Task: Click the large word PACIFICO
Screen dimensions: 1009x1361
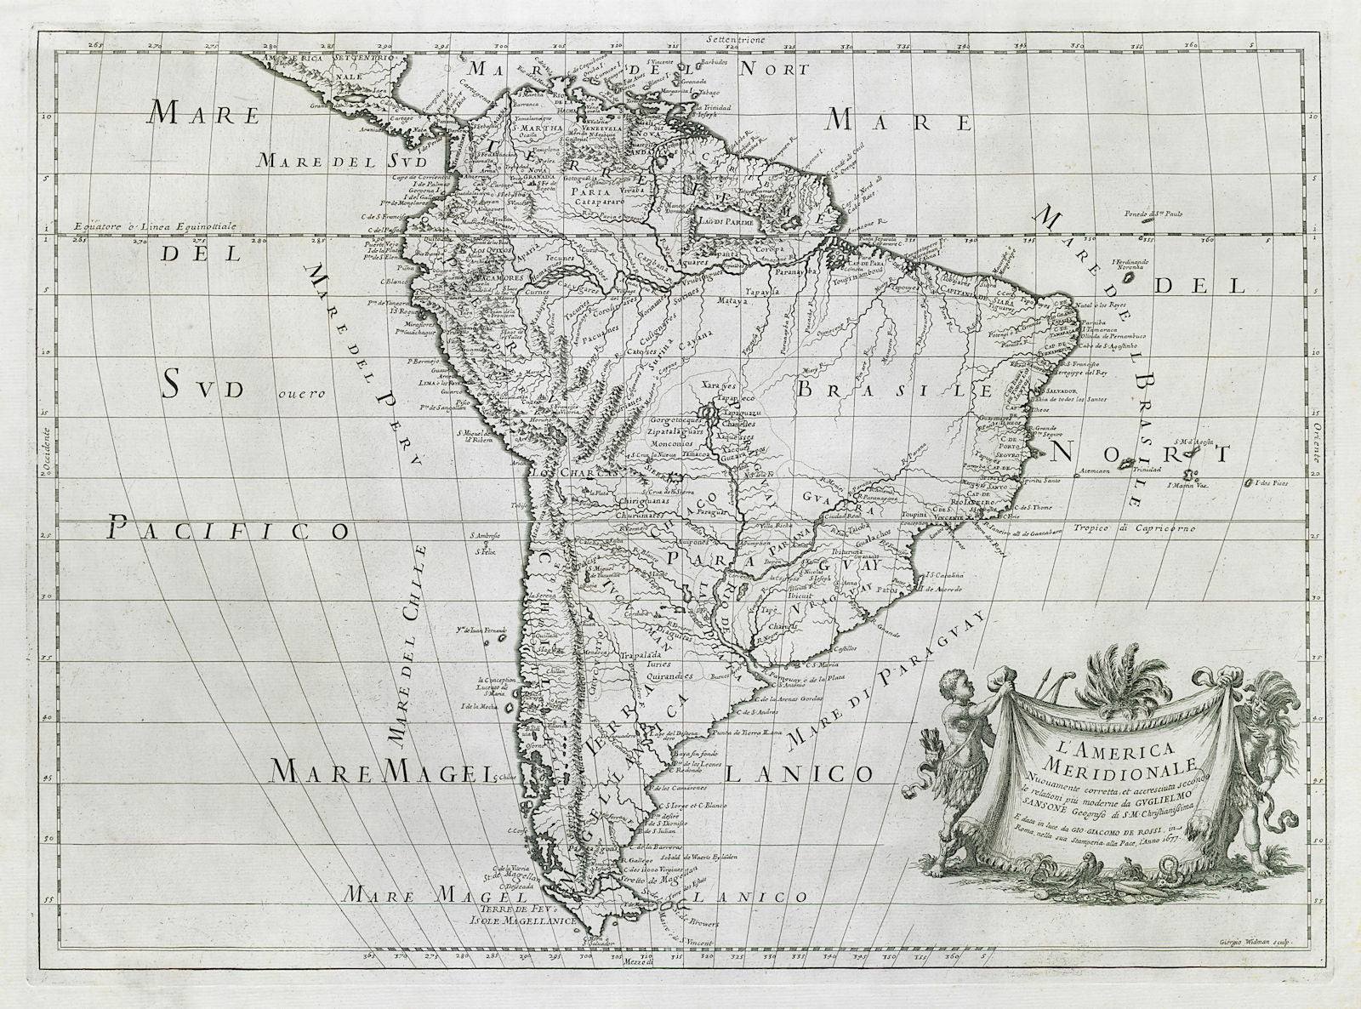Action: click(x=229, y=531)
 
